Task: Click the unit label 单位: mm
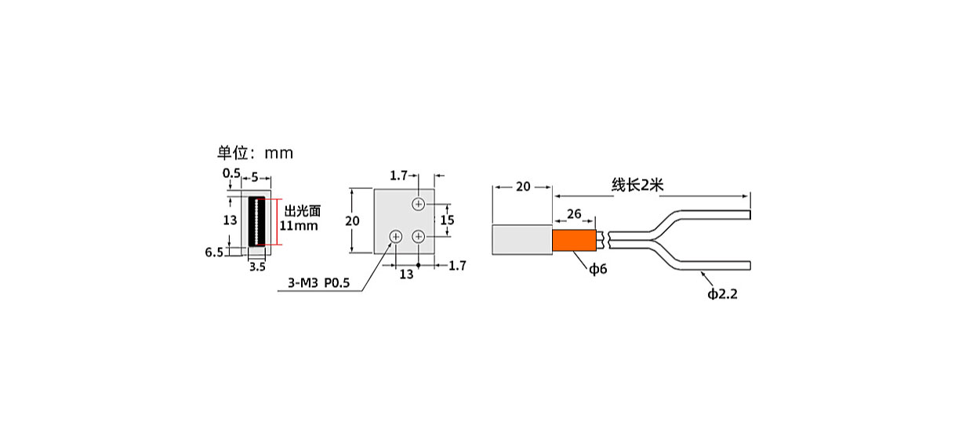tap(255, 153)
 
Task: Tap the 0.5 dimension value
tap(231, 173)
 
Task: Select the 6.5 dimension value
tap(214, 252)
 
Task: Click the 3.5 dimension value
tap(257, 267)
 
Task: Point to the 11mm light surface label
tap(299, 225)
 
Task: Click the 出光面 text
tap(303, 211)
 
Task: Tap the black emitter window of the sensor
tap(257, 222)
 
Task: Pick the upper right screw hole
tap(419, 204)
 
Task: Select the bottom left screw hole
tap(395, 237)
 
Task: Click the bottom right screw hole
tap(419, 237)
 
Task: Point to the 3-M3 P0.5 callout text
tap(318, 283)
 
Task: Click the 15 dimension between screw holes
tap(447, 220)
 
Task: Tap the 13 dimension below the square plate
tap(406, 274)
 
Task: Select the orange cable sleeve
tap(574, 241)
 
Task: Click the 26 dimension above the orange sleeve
tap(574, 213)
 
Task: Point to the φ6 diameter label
tap(597, 269)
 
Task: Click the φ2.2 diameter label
tap(722, 294)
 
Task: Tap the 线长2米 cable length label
tap(637, 184)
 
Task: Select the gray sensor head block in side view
tap(522, 240)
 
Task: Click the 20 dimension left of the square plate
tap(352, 220)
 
